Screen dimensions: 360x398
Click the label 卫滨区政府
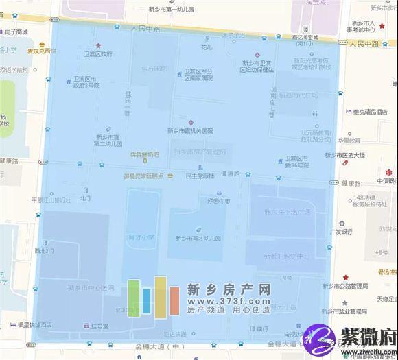tap(98, 53)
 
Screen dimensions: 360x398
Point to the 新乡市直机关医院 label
tap(190, 130)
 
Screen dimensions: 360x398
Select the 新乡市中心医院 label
tap(87, 287)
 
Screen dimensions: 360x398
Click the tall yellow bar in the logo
tap(161, 296)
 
